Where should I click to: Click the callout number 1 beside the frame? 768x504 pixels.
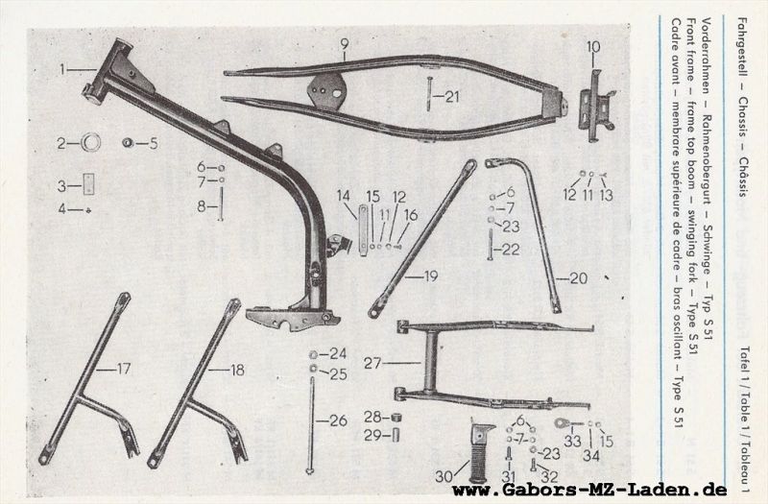click(x=63, y=69)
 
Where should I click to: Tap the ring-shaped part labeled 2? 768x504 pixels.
click(x=92, y=144)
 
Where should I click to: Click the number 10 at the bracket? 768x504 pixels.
click(x=592, y=45)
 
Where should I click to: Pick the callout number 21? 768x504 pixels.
click(x=451, y=95)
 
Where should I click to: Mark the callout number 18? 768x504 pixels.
click(x=238, y=369)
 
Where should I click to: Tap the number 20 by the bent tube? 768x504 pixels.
click(x=578, y=278)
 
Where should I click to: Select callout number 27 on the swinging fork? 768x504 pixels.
click(x=372, y=363)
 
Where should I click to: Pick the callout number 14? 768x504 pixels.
click(x=343, y=196)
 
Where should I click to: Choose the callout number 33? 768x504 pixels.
click(x=573, y=441)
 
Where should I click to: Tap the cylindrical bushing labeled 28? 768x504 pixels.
click(x=394, y=417)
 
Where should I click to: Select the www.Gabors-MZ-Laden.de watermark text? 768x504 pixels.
click(x=588, y=492)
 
